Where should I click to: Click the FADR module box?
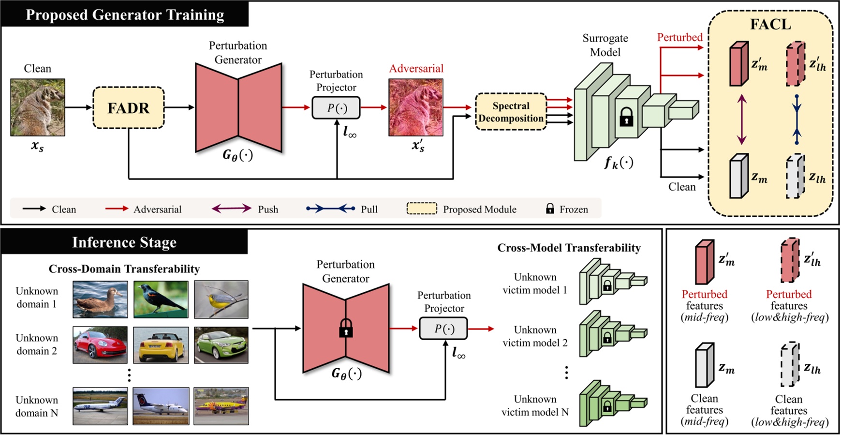pos(128,108)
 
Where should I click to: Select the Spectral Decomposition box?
pos(511,112)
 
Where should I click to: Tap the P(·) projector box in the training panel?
pos(336,108)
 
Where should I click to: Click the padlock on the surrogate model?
pos(626,117)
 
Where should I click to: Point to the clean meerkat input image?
pos(38,107)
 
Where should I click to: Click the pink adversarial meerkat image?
pos(416,107)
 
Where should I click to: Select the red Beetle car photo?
pos(100,345)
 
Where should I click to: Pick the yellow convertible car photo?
pos(161,345)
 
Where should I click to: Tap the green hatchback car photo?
pos(221,345)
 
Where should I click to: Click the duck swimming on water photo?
pos(100,299)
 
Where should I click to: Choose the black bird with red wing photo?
pos(161,299)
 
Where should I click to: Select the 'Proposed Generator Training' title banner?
pos(125,15)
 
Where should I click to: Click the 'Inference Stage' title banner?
pos(124,242)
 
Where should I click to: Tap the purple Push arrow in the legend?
pos(231,209)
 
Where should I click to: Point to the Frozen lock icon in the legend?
pos(550,209)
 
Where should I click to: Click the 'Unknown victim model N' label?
pos(535,405)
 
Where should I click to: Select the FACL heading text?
pos(770,24)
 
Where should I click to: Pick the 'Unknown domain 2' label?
pos(37,345)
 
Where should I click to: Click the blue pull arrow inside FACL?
pos(797,120)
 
